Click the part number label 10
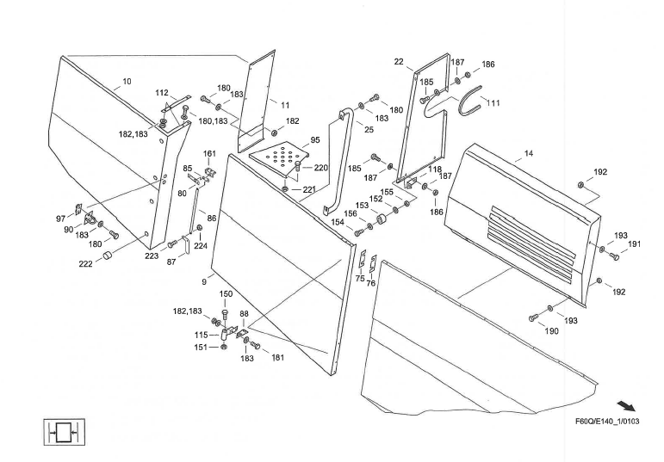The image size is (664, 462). pos(127,82)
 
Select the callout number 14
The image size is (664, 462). pos(528,154)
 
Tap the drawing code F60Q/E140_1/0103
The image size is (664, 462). pos(606,422)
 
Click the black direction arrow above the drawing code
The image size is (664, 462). pos(629,404)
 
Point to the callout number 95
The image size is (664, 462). pos(314,139)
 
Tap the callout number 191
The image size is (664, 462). pos(634,244)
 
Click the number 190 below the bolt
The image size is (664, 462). pos(552,331)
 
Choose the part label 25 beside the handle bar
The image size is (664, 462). pos(369,129)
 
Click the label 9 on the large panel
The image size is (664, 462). pos(203,281)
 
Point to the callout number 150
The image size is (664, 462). pos(226,294)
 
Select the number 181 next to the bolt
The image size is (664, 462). pos(277,358)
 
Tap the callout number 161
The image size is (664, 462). pos(210,154)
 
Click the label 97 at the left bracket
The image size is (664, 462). pos(61,219)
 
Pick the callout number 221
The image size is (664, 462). pos(308,189)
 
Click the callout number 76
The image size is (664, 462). pos(370,283)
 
